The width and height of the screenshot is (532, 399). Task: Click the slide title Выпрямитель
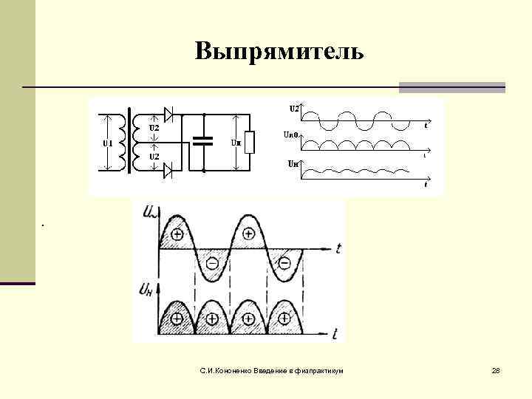(279, 52)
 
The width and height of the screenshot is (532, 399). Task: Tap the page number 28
(496, 369)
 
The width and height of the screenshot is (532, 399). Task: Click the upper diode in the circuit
(168, 115)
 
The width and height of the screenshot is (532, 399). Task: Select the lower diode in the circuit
(168, 171)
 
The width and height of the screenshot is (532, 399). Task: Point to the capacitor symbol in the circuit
(202, 142)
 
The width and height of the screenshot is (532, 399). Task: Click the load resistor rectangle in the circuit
(250, 142)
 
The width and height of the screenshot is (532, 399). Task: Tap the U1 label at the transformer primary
(106, 143)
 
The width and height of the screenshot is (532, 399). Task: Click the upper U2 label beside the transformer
(154, 128)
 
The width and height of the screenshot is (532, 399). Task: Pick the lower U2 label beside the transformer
(154, 157)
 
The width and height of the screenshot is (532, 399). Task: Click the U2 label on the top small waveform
(293, 109)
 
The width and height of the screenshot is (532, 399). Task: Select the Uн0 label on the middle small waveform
(291, 135)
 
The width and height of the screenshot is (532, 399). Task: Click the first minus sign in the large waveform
(212, 263)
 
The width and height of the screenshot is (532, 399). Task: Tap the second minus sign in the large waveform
(283, 263)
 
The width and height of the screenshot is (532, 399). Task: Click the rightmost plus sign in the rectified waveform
(283, 319)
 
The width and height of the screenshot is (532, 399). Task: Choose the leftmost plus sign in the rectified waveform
(176, 319)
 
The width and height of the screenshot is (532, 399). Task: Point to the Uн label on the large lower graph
(145, 289)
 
